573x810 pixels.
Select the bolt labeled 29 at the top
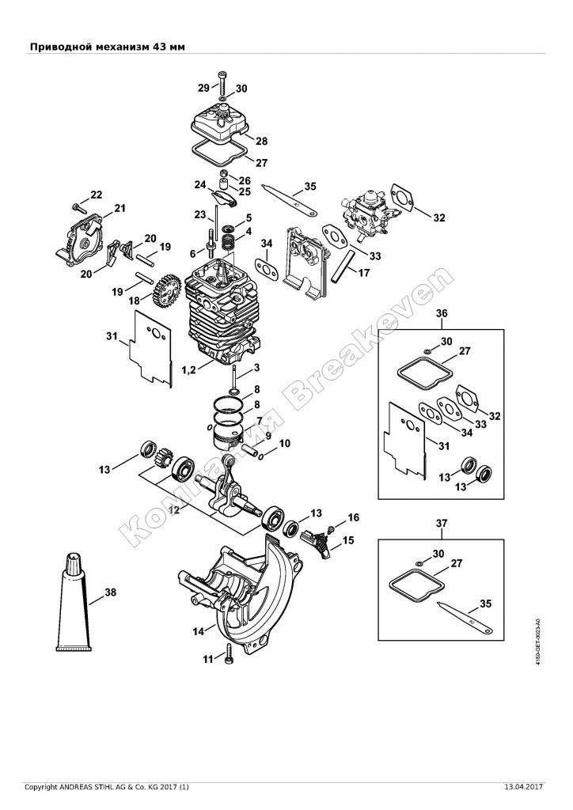click(221, 81)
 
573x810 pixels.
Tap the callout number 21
click(120, 208)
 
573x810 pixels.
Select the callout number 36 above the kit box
click(442, 313)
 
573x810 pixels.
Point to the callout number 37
click(442, 523)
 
